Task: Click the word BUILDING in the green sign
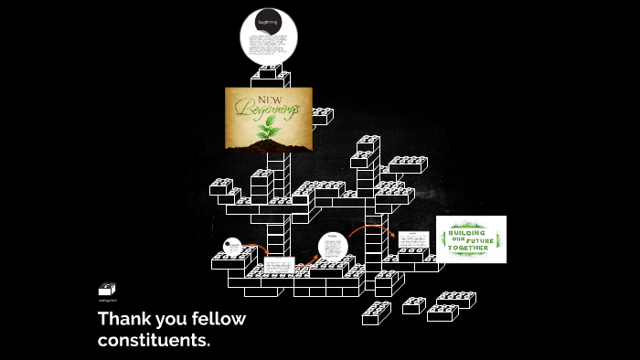pyautogui.click(x=471, y=232)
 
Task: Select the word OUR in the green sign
pyautogui.click(x=456, y=240)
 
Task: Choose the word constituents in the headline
pyautogui.click(x=154, y=341)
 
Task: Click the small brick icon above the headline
pyautogui.click(x=107, y=290)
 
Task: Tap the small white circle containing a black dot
pyautogui.click(x=233, y=248)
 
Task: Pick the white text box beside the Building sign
pyautogui.click(x=413, y=239)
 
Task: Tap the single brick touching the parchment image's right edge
pyautogui.click(x=322, y=116)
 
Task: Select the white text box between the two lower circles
pyautogui.click(x=278, y=266)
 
